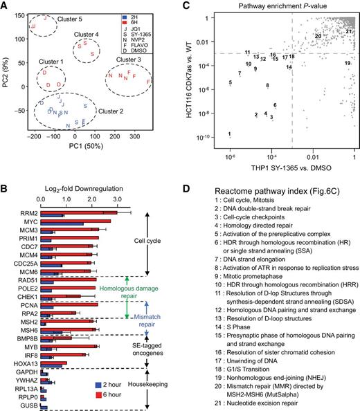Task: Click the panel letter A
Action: pyautogui.click(x=6, y=6)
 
